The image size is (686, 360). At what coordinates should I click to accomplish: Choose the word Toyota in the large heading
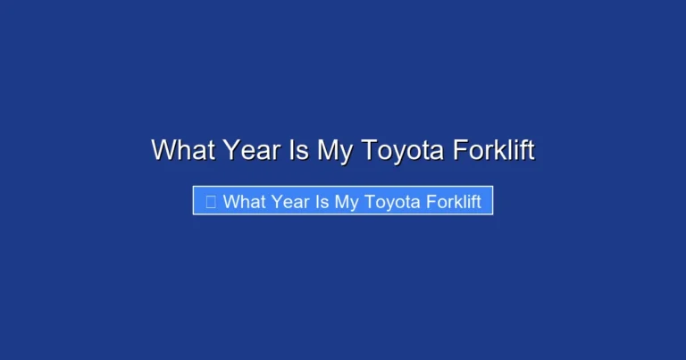[401, 150]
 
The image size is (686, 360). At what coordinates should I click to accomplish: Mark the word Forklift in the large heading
[494, 150]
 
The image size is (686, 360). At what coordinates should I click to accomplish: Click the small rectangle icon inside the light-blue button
[211, 202]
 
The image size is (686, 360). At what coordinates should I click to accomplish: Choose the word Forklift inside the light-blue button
[453, 202]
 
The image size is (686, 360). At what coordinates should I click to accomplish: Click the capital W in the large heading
[163, 150]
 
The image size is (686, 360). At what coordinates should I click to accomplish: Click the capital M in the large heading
[327, 150]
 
